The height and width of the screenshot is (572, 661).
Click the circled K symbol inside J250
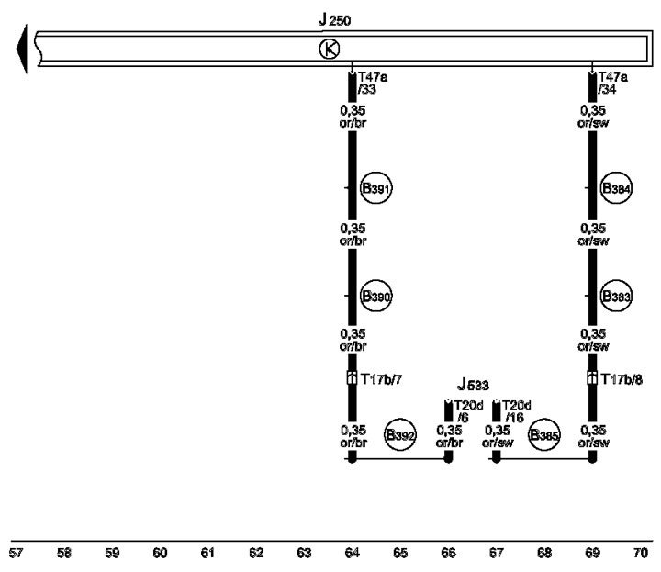point(330,50)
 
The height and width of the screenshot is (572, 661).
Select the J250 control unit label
point(334,20)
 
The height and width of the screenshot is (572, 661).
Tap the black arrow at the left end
point(22,49)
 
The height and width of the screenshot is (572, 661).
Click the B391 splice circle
point(376,188)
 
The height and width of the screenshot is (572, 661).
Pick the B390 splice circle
point(376,296)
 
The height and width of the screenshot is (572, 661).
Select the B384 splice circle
point(616,188)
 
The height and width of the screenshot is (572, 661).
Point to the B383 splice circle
point(616,296)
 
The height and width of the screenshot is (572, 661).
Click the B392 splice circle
point(400,434)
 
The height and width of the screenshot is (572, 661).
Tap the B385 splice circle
point(544,434)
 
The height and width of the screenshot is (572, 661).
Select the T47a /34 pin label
point(613,83)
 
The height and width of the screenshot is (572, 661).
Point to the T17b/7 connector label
point(381,379)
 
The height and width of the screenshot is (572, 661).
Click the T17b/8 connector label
point(622,379)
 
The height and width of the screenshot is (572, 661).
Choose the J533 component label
point(473,385)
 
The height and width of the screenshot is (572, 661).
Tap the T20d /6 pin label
point(468,411)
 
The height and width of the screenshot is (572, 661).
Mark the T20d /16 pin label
point(516,411)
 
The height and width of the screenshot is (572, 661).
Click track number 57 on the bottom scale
point(16,553)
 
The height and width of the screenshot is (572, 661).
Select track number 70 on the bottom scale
point(641,553)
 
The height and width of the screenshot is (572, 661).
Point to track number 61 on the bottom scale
point(207,553)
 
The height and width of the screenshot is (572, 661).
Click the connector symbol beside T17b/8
point(592,378)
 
